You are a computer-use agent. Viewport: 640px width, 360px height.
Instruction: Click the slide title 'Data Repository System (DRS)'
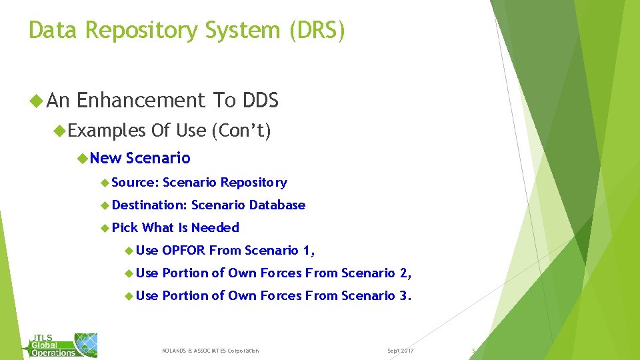pos(187,31)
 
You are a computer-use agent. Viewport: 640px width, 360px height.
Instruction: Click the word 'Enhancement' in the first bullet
pos(141,101)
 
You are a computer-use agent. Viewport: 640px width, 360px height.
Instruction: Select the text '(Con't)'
pos(241,131)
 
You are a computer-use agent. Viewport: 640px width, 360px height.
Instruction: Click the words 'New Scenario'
pos(140,159)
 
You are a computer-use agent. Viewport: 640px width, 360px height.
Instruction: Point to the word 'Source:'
pos(135,183)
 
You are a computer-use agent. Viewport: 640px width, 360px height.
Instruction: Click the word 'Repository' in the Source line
pos(254,183)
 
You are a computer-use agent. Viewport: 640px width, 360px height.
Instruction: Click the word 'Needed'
pos(215,228)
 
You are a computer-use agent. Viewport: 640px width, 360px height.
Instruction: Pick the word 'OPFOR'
pos(184,251)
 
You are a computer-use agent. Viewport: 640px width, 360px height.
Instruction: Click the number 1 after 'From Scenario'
pos(307,251)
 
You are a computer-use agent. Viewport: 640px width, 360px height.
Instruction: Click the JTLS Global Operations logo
pos(63,345)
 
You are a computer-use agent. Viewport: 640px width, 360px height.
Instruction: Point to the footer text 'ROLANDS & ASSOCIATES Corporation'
pos(211,351)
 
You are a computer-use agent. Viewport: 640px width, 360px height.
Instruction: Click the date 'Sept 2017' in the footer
pos(400,351)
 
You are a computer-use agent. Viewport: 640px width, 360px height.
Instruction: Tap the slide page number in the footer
pos(473,350)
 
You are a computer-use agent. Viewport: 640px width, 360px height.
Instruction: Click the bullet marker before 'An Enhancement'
pos(37,101)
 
